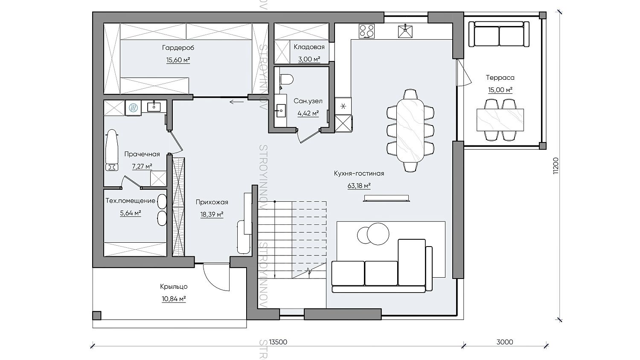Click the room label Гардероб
click(x=178, y=48)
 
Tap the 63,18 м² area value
click(x=359, y=186)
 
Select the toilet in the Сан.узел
click(x=287, y=79)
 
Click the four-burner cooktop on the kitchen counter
click(x=367, y=31)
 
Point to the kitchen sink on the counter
click(x=405, y=31)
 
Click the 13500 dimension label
click(x=278, y=342)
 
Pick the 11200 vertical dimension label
click(x=556, y=166)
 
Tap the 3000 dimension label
click(x=505, y=342)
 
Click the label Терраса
click(x=500, y=78)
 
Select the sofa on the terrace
click(x=499, y=34)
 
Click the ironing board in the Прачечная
click(x=111, y=151)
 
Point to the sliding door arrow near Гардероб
click(x=237, y=102)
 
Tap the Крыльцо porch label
click(x=174, y=286)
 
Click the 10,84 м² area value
click(x=174, y=299)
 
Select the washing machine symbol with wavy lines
click(x=133, y=108)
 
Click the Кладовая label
click(x=309, y=47)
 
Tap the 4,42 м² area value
click(x=308, y=113)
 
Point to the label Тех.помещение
click(x=130, y=200)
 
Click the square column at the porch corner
click(x=96, y=316)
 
